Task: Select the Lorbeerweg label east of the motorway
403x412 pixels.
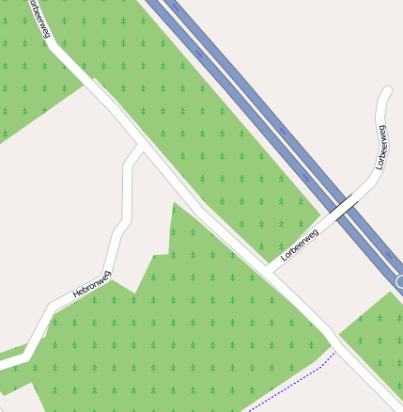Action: pos(380,147)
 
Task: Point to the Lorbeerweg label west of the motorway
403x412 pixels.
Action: pos(300,243)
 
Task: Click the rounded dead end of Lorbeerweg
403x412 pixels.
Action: pos(386,94)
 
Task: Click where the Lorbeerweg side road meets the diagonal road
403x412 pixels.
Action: pos(269,271)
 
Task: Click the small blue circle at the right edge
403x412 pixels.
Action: pos(399,281)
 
